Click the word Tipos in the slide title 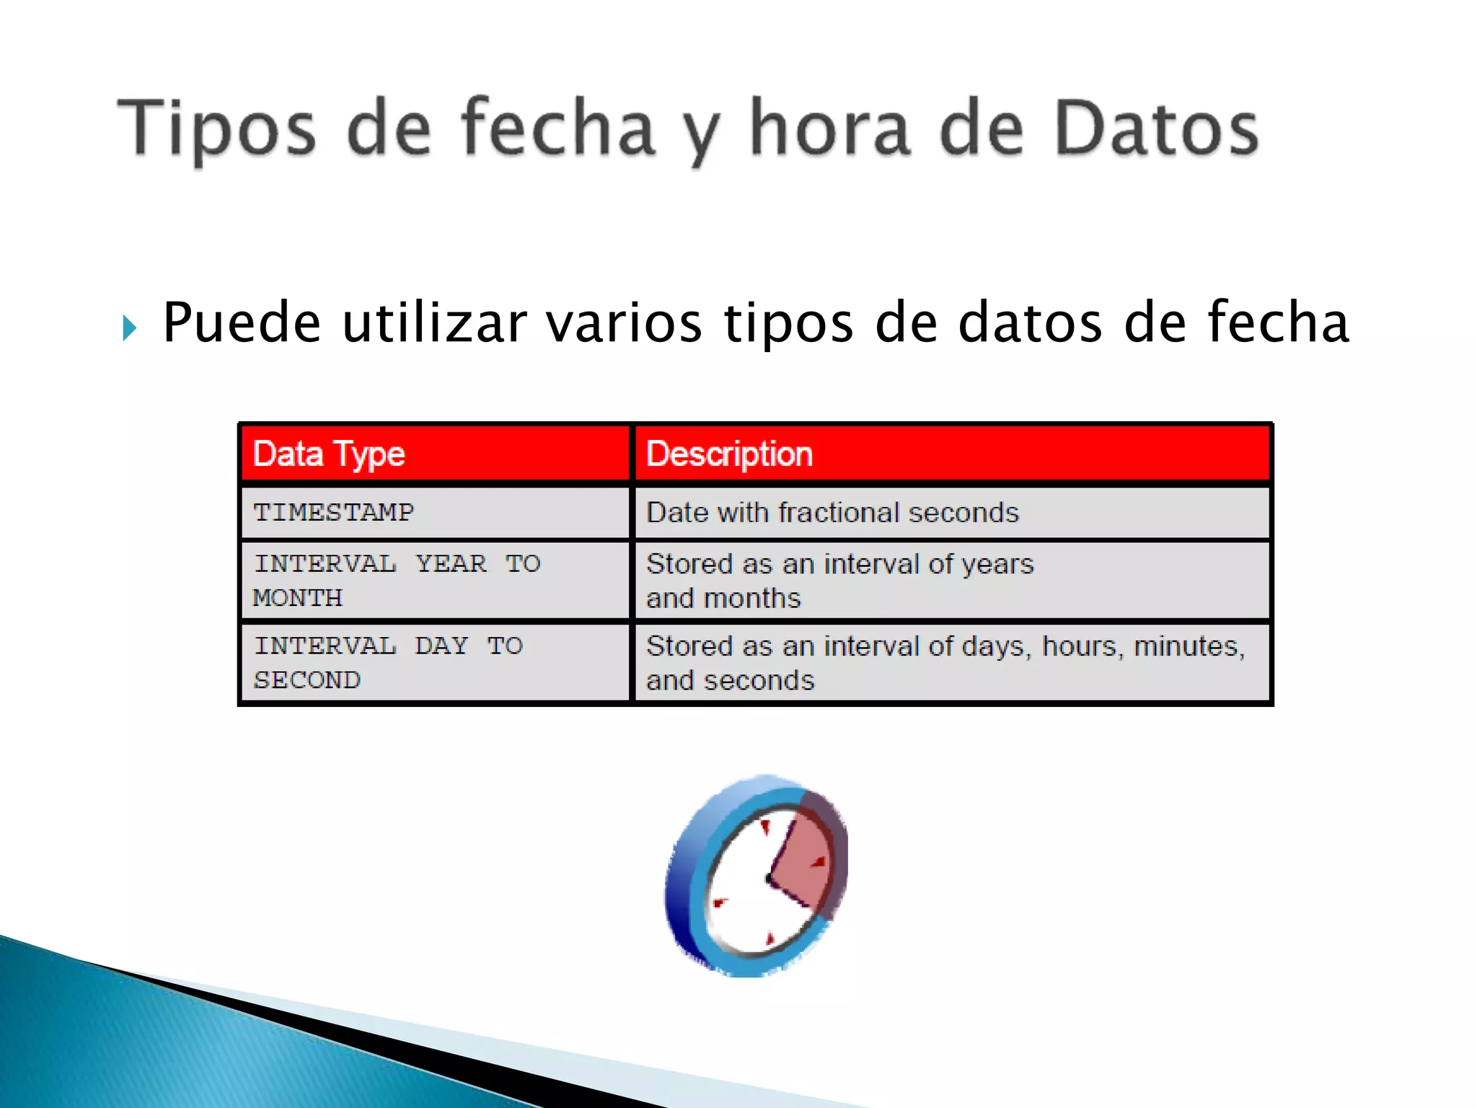tap(217, 130)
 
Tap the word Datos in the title tap(1156, 130)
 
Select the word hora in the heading tap(829, 130)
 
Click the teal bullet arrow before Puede tap(130, 328)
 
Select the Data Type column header tap(329, 454)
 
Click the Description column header tap(729, 454)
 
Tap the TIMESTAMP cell tap(334, 513)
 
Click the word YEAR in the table tap(451, 564)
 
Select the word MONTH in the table tap(298, 598)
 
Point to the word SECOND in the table tap(307, 680)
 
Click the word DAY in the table tap(442, 646)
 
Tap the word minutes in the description tap(1189, 646)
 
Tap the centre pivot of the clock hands tap(767, 879)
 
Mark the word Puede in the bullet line tap(242, 322)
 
